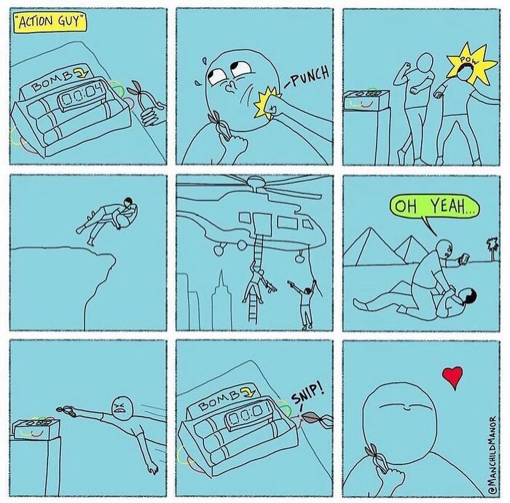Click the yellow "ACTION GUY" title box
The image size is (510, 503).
(x=51, y=22)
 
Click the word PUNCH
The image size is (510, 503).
(x=309, y=77)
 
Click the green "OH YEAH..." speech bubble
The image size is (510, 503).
(x=434, y=206)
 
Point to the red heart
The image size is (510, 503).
(x=452, y=376)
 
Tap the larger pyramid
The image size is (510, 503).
(x=370, y=246)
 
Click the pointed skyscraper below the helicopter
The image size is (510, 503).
(x=221, y=300)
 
